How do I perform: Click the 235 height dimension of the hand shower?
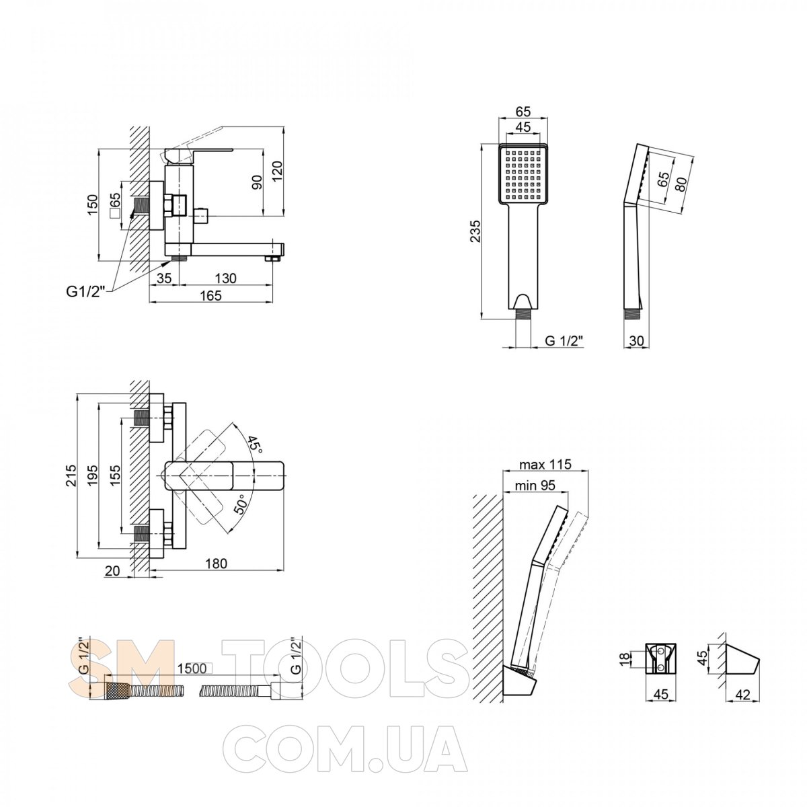[x=475, y=231]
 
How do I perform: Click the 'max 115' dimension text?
[x=545, y=464]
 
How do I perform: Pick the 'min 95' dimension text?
[x=535, y=486]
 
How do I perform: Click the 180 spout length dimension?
[x=216, y=564]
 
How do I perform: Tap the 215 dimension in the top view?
[x=72, y=475]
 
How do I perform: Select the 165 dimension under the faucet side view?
[x=210, y=296]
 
